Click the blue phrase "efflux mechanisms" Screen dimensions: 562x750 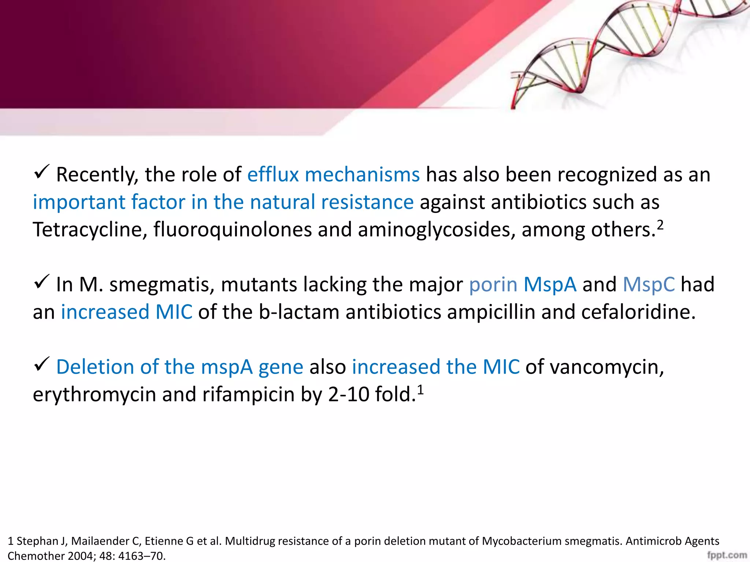333,175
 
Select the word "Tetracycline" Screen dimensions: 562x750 90,230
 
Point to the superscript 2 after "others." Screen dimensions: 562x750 660,225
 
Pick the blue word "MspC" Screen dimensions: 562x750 649,285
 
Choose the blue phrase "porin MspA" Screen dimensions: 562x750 523,285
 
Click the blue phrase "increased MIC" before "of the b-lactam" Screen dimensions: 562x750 126,312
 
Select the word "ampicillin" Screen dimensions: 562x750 491,312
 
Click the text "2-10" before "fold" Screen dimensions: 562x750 348,394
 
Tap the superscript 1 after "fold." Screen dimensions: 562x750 420,390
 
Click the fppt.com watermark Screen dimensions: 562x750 727,555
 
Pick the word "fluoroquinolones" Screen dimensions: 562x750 232,230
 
